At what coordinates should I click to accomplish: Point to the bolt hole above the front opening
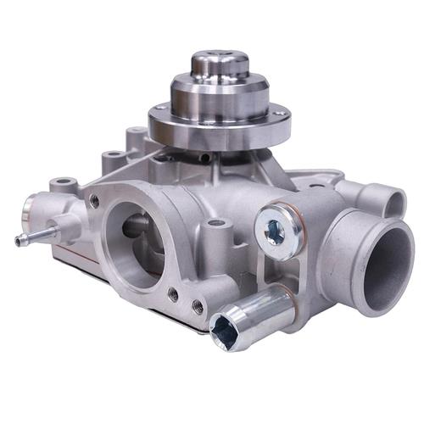94,201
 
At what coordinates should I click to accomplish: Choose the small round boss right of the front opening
216,225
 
